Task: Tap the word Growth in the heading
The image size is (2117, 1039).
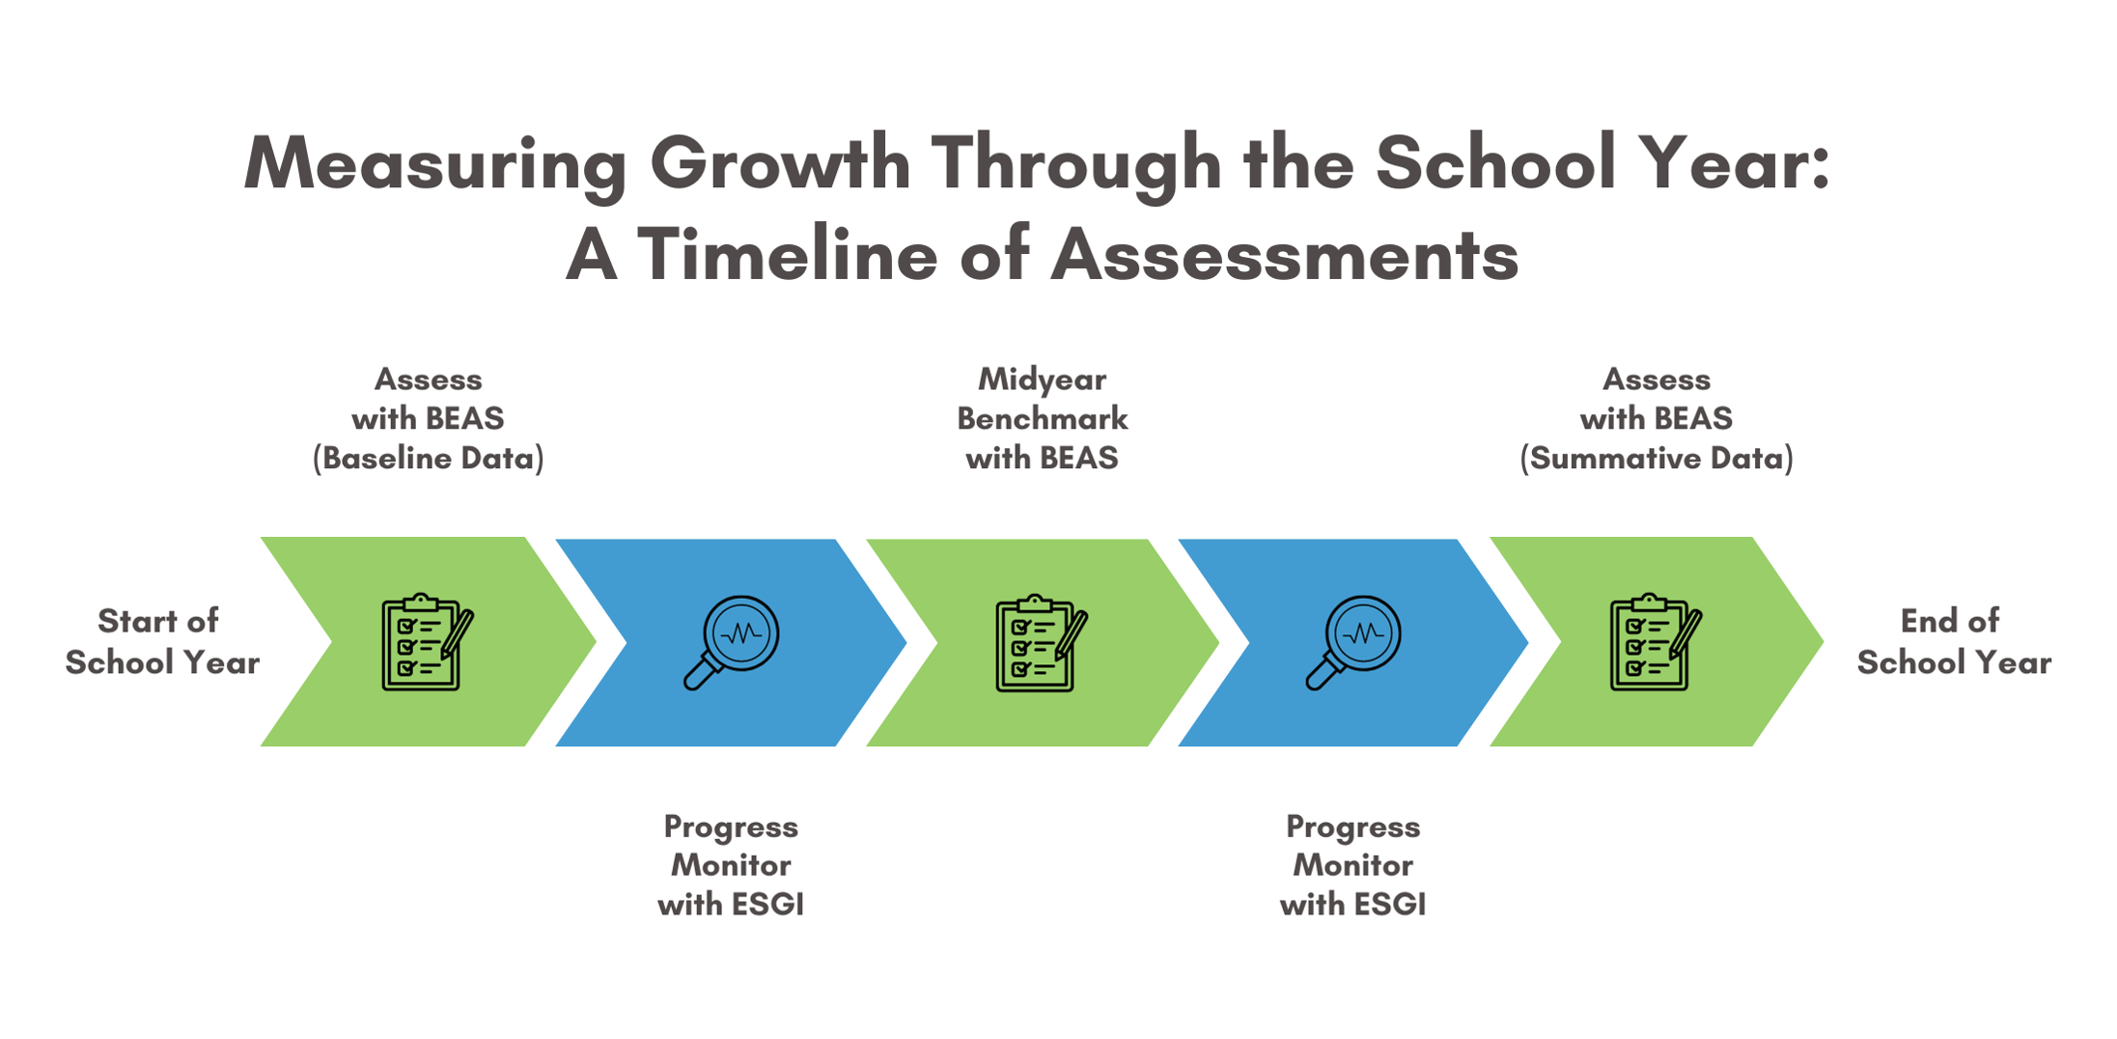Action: click(x=780, y=164)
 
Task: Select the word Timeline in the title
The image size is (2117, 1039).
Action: click(x=787, y=256)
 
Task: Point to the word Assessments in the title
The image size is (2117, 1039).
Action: click(x=1284, y=256)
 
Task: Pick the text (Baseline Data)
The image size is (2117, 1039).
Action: click(x=428, y=458)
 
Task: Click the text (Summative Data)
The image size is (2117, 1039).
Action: click(x=1657, y=458)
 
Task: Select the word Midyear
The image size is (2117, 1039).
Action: click(x=1042, y=379)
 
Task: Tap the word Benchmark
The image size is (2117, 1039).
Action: click(x=1042, y=418)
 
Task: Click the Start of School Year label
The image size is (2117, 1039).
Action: click(x=161, y=641)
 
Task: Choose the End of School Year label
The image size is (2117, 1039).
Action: click(x=1953, y=641)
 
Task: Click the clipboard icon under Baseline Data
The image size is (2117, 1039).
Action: click(x=423, y=642)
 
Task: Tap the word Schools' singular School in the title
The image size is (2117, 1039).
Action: click(x=1495, y=164)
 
